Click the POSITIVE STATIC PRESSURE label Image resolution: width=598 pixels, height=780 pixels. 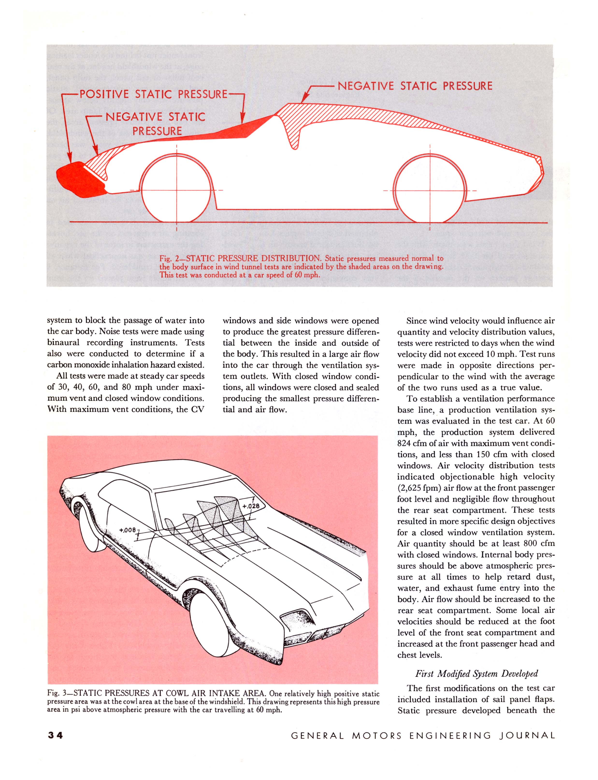pyautogui.click(x=153, y=94)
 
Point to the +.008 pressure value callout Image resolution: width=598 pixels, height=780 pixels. pyautogui.click(x=127, y=530)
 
